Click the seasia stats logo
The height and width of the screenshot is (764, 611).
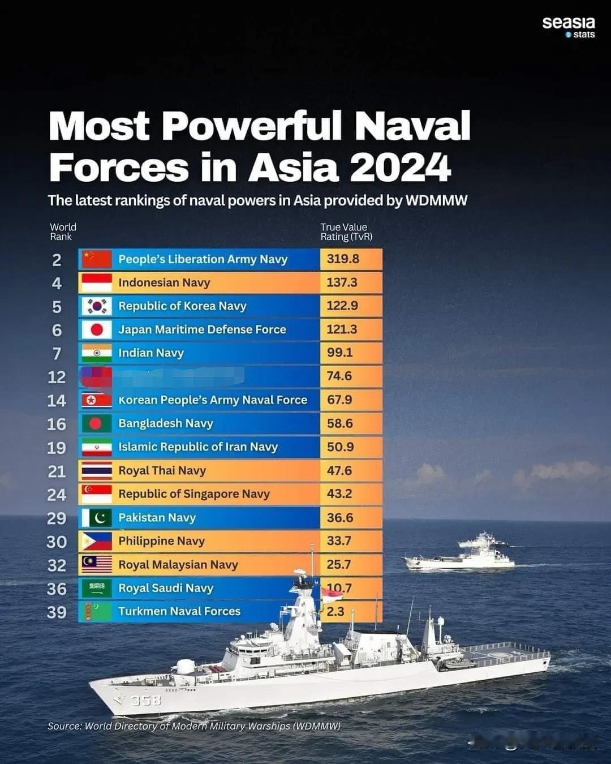click(x=568, y=26)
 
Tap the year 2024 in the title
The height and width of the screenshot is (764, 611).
click(x=400, y=168)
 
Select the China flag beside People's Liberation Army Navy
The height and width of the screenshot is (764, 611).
click(x=96, y=259)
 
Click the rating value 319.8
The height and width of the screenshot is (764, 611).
click(x=343, y=259)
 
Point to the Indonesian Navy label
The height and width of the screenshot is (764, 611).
click(x=164, y=282)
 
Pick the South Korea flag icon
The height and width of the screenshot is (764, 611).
click(x=96, y=306)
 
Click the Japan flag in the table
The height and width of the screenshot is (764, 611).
click(x=96, y=329)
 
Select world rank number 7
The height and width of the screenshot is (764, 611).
click(x=57, y=354)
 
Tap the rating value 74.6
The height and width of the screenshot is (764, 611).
click(x=339, y=376)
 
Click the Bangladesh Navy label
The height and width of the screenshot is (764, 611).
click(x=166, y=423)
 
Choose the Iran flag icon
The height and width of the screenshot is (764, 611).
click(x=96, y=447)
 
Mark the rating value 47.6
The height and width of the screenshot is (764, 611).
click(x=339, y=470)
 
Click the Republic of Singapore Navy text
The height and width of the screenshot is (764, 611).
click(x=194, y=494)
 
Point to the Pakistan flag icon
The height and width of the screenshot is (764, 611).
click(x=96, y=518)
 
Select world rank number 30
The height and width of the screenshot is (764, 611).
click(x=57, y=542)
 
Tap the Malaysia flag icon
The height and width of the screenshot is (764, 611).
click(x=96, y=564)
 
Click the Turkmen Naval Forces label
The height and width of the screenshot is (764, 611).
click(x=179, y=611)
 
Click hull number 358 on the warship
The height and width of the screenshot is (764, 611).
click(x=146, y=701)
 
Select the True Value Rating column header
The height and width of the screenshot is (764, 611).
click(x=346, y=232)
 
